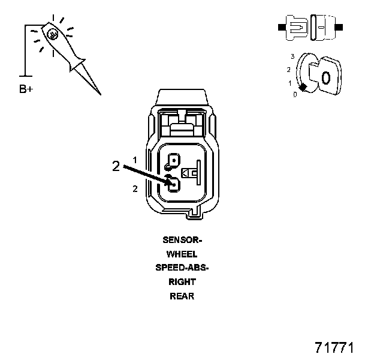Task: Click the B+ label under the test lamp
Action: (x=26, y=90)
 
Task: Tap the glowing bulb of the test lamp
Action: (x=53, y=34)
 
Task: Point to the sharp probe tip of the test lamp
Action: (x=98, y=92)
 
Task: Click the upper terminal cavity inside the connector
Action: (x=173, y=161)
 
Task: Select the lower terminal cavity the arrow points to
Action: (x=173, y=185)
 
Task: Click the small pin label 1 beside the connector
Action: (x=135, y=160)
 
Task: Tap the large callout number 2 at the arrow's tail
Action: (x=116, y=167)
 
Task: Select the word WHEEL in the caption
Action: (x=182, y=253)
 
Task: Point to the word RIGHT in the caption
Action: (x=182, y=281)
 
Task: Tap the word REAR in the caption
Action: (x=182, y=296)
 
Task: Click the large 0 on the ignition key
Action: (x=325, y=77)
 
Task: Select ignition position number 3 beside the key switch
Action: (x=292, y=56)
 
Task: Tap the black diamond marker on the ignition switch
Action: (x=304, y=88)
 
